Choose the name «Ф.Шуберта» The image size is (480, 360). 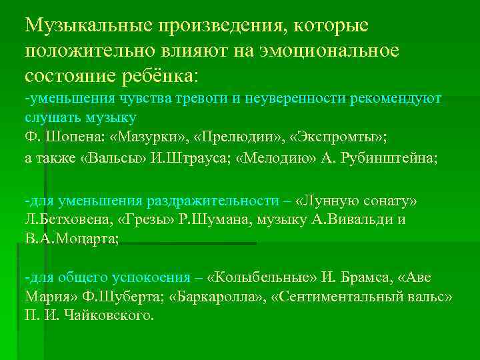tap(126, 296)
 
